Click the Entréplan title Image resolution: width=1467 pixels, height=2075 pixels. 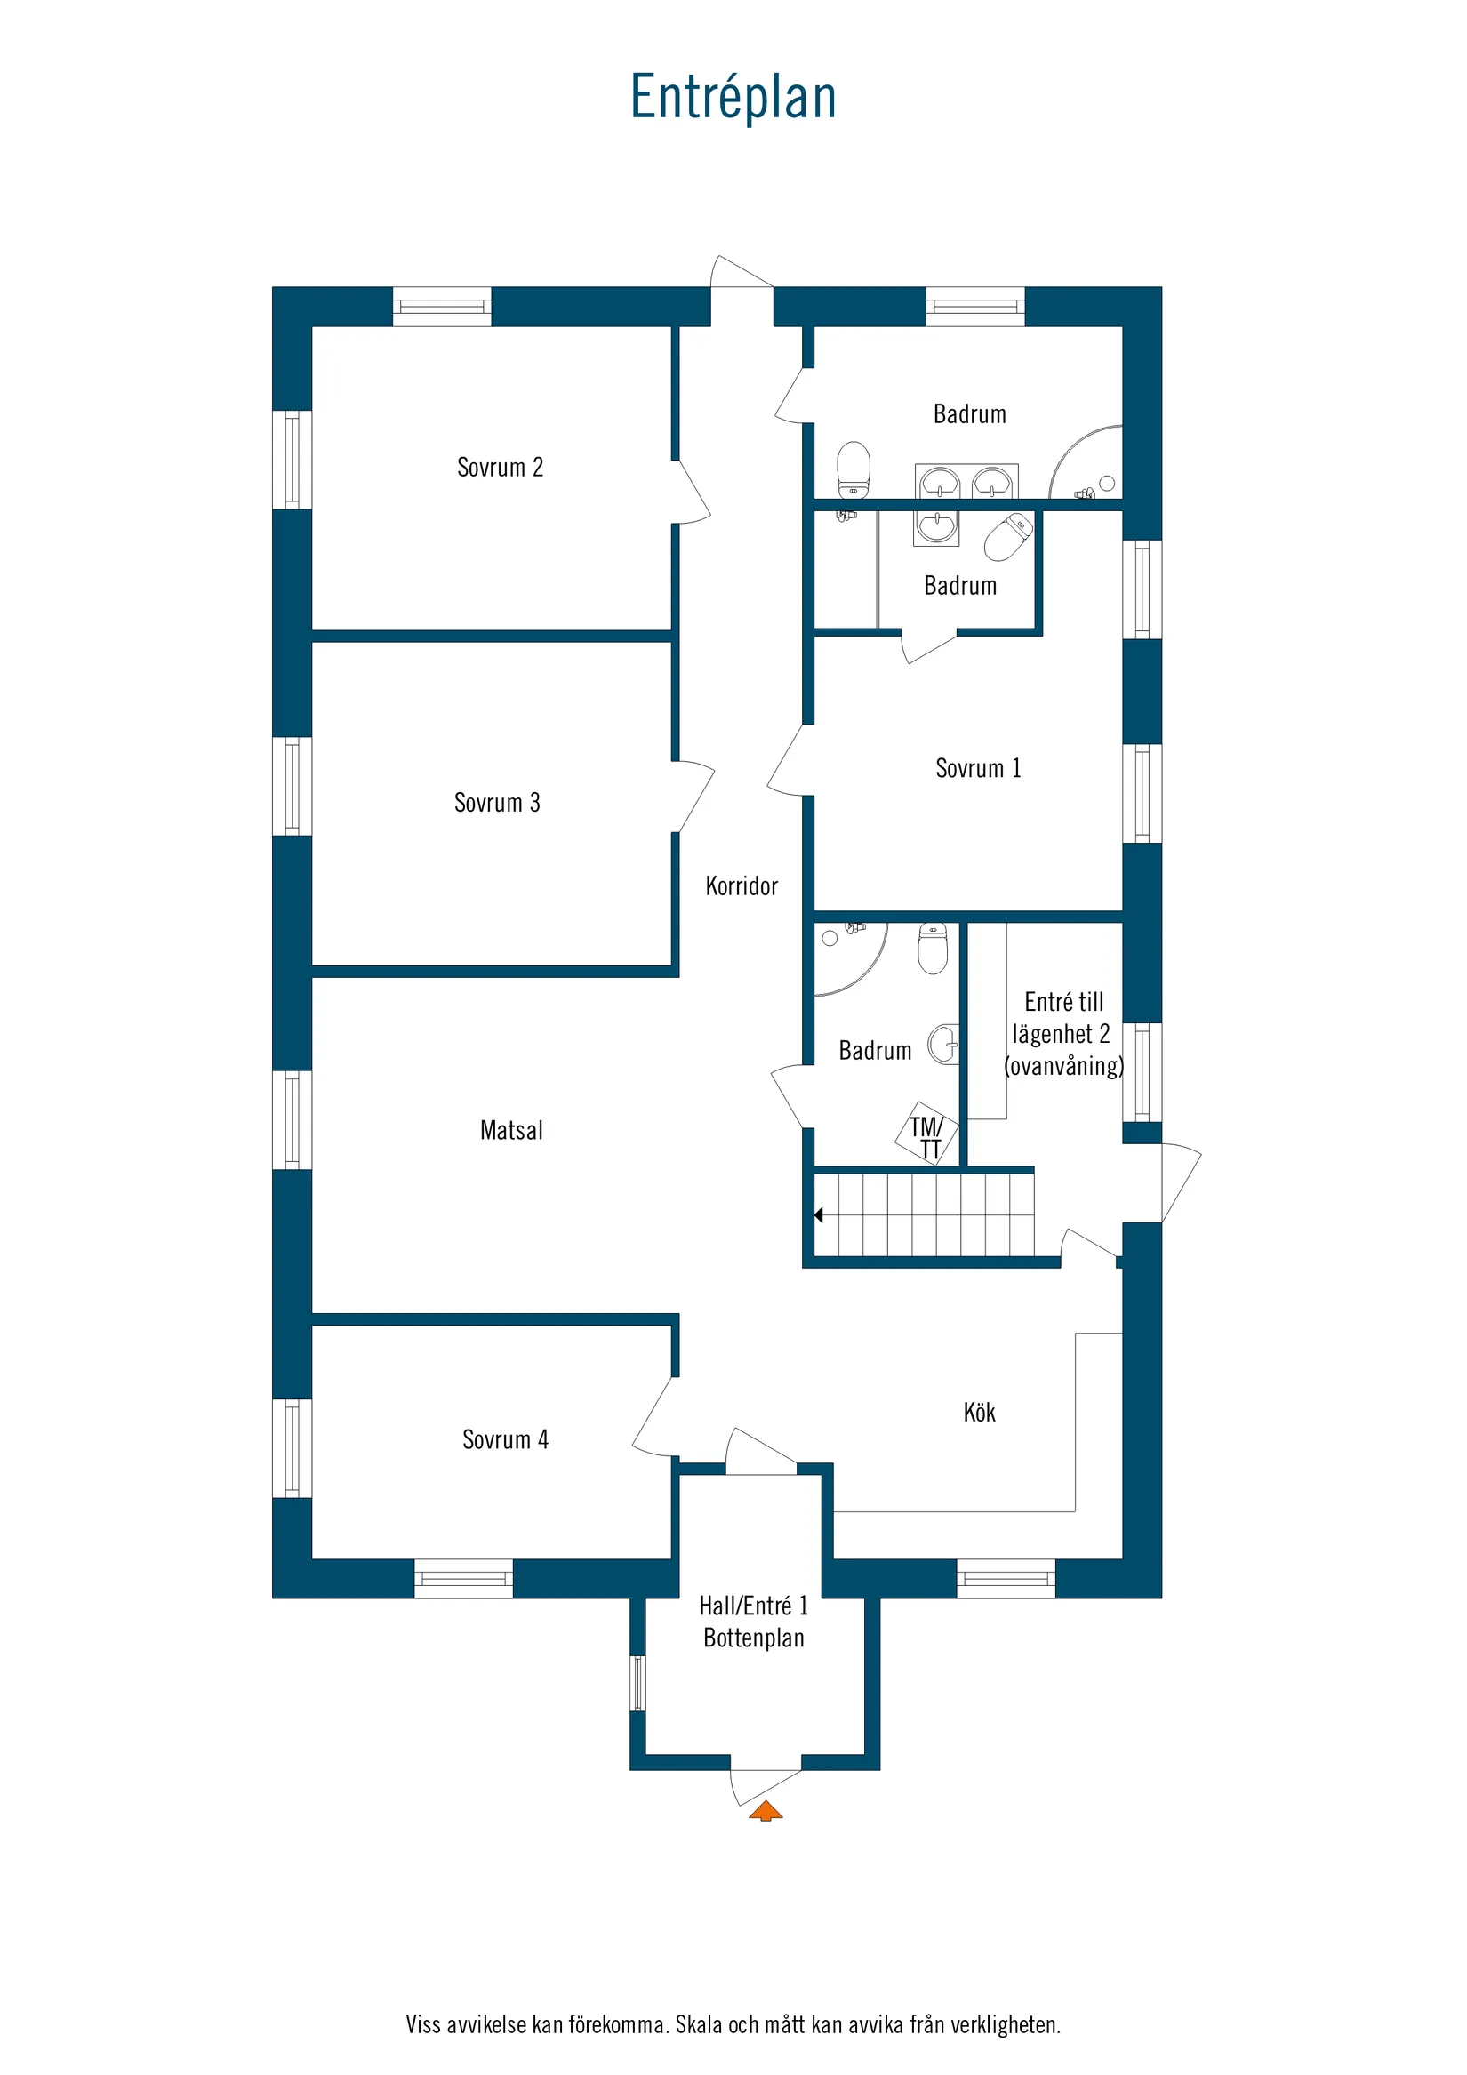(733, 97)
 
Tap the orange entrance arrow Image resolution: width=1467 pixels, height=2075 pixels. (766, 1810)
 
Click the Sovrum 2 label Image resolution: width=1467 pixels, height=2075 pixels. (500, 468)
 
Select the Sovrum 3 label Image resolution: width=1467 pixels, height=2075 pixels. (497, 803)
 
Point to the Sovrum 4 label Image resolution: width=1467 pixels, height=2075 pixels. (505, 1439)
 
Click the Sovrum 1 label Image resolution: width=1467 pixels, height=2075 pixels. (978, 768)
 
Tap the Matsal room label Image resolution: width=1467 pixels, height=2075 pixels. (511, 1131)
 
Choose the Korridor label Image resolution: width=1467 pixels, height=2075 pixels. (742, 885)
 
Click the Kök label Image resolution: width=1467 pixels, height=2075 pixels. (979, 1413)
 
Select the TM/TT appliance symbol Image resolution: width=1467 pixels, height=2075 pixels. (926, 1136)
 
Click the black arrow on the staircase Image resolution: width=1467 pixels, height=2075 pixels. (819, 1215)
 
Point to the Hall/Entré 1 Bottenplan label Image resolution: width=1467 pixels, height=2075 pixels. (754, 1622)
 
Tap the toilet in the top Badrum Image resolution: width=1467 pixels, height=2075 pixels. (854, 469)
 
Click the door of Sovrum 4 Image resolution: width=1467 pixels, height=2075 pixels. (653, 1419)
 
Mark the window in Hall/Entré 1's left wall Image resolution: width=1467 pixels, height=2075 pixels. (638, 1683)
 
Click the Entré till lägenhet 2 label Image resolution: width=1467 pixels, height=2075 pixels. (1064, 1034)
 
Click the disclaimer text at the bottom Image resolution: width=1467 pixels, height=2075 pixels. (733, 2024)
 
